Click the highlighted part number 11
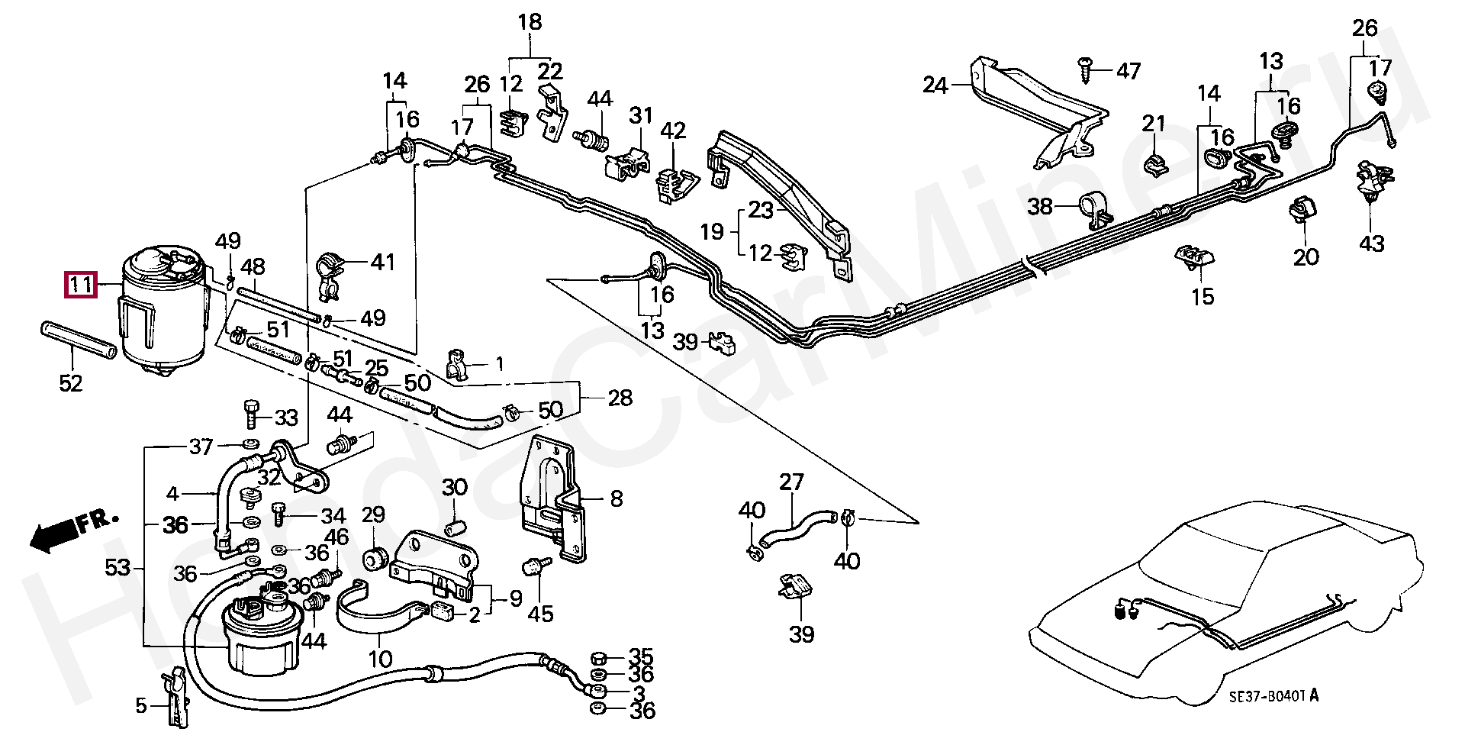pos(81,285)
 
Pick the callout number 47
pos(1128,71)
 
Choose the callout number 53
pos(118,567)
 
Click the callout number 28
pos(620,398)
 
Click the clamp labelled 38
pos(1093,211)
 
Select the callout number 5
pos(140,707)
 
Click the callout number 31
pos(641,116)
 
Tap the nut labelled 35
pos(599,657)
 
